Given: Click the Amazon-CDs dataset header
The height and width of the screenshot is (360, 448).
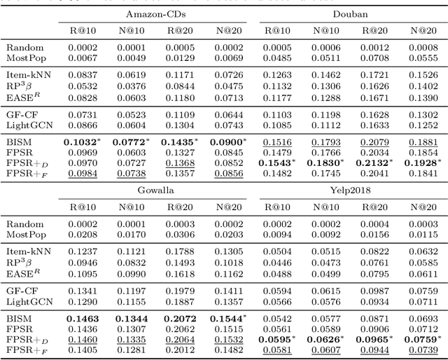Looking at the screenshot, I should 151,14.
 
